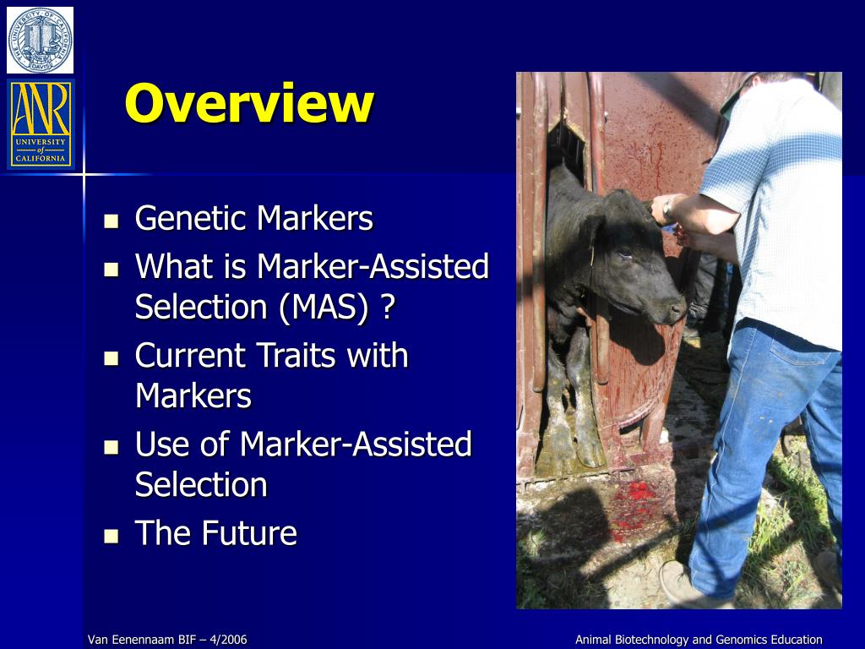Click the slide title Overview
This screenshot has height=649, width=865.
point(248,104)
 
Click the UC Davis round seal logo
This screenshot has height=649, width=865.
point(40,39)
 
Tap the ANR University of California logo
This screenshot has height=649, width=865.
point(40,123)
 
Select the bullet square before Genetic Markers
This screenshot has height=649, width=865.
point(112,221)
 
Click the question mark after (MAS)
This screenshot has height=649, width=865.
point(387,307)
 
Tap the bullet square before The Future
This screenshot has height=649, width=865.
point(112,535)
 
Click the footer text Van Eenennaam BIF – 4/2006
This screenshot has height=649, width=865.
point(167,640)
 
